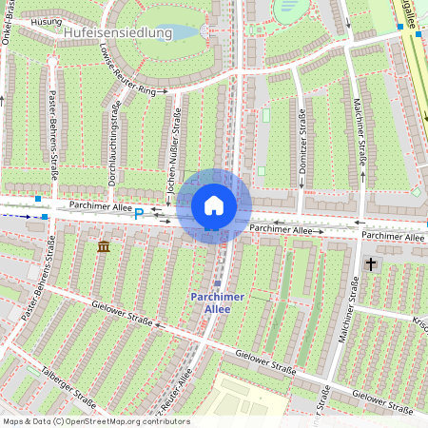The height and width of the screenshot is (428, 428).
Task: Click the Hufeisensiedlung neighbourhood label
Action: [117, 32]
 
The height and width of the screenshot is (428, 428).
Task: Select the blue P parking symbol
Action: [139, 214]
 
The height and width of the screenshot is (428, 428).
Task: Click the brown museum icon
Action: [103, 247]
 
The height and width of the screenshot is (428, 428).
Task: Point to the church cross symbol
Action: [370, 265]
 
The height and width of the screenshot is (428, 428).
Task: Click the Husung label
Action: [47, 20]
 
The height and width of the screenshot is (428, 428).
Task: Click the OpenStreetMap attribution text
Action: [95, 421]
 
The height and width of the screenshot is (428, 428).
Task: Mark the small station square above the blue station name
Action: [218, 282]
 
